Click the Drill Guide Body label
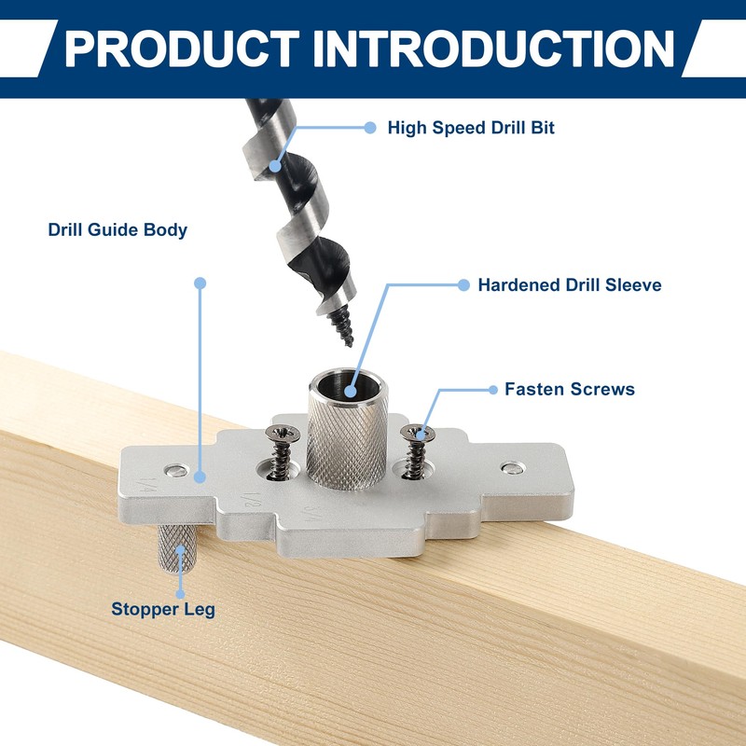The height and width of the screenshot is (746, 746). coord(117,229)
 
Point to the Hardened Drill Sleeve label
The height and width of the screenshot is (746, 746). coord(570,285)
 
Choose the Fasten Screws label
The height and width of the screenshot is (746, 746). coord(570,389)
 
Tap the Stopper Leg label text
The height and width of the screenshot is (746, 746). coord(163,610)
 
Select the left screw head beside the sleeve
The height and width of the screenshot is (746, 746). coord(279,434)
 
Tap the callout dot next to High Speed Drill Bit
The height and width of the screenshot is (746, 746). coord(370,128)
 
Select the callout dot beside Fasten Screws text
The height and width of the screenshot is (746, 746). coord(492,389)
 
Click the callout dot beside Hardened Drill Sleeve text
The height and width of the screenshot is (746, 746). coord(463,285)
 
